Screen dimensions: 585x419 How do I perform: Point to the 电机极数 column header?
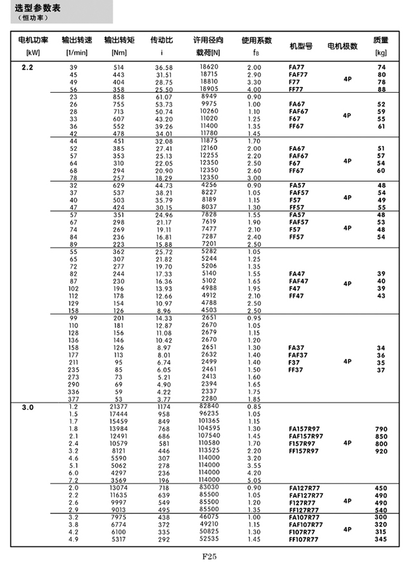point(343,46)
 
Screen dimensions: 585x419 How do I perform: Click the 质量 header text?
point(381,40)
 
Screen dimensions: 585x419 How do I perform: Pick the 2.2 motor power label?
point(28,68)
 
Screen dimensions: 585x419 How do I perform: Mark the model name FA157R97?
point(304,428)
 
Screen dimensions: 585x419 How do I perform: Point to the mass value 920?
point(381,451)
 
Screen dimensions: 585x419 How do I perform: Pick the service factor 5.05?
point(254,480)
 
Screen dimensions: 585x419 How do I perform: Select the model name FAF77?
point(298,75)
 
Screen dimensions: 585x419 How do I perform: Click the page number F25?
point(209,557)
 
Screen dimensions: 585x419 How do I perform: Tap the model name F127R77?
point(303,503)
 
